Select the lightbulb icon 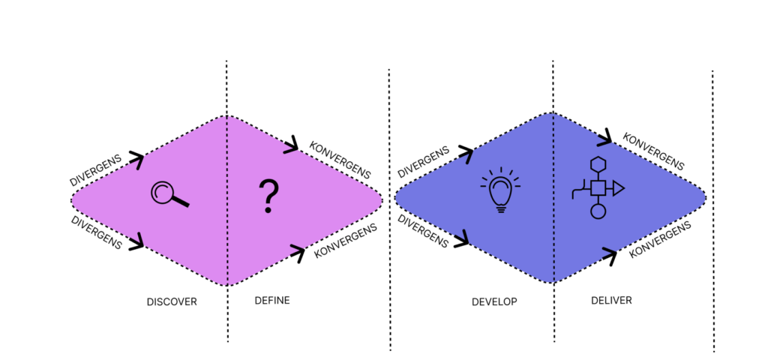click(x=500, y=192)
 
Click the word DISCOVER click(x=172, y=302)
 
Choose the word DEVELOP click(x=494, y=302)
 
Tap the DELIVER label click(x=610, y=300)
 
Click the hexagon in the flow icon click(x=598, y=164)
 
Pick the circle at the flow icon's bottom click(x=598, y=211)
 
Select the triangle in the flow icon click(x=618, y=187)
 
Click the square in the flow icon click(x=598, y=187)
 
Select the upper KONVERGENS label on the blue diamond click(x=653, y=152)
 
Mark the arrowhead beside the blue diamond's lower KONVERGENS click(x=609, y=257)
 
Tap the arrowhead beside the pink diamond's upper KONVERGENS click(x=291, y=148)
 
